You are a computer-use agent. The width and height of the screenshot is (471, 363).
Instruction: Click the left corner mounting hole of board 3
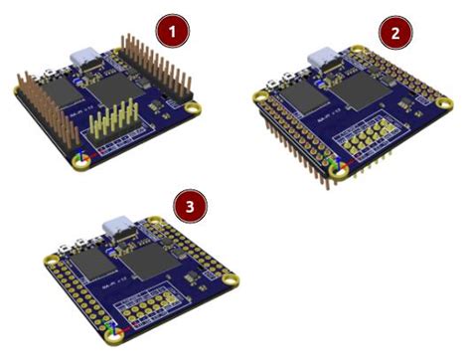[x=50, y=262]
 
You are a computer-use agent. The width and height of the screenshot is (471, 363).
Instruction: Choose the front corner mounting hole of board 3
[x=118, y=335]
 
